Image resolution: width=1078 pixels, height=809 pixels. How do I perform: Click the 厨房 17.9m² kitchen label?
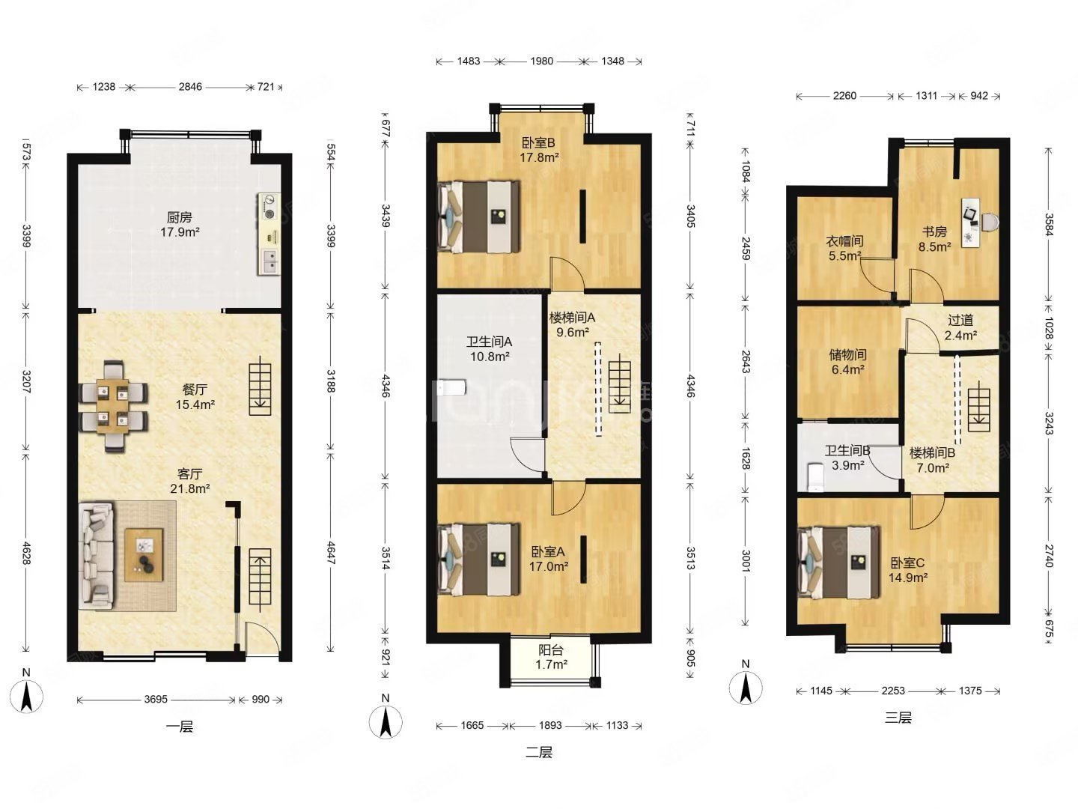[x=179, y=224]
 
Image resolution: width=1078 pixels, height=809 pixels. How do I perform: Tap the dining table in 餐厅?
[x=113, y=406]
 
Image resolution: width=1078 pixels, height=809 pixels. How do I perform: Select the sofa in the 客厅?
[x=97, y=556]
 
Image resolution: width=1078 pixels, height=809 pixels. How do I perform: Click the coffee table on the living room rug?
[x=144, y=555]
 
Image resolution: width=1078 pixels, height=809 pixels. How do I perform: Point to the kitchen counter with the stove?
[x=269, y=234]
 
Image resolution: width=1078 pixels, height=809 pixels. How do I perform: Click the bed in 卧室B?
[x=479, y=216]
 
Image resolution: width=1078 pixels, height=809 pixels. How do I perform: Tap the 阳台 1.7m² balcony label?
[x=550, y=657]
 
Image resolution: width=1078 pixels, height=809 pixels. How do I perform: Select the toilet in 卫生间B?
[x=815, y=477]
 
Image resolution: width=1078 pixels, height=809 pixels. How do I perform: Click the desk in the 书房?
[x=970, y=223]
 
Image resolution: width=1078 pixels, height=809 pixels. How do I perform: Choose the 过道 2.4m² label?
[x=960, y=327]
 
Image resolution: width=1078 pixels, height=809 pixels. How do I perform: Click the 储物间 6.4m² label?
[x=847, y=362]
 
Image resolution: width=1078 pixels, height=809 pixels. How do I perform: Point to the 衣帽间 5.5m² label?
[x=844, y=248]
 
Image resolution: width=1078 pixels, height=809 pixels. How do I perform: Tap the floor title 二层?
[x=539, y=752]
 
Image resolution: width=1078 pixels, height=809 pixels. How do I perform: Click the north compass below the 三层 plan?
[x=746, y=688]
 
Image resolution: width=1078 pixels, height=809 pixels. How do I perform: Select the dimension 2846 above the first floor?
[x=190, y=87]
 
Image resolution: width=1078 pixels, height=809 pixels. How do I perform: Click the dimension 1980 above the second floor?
[x=541, y=61]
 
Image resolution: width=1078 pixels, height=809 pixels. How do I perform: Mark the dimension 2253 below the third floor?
[x=893, y=691]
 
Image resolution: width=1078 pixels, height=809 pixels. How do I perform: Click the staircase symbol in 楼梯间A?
[x=620, y=387]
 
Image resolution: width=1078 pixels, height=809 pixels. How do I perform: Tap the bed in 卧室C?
[x=838, y=563]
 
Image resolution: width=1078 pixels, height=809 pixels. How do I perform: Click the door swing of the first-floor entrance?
[x=263, y=638]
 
